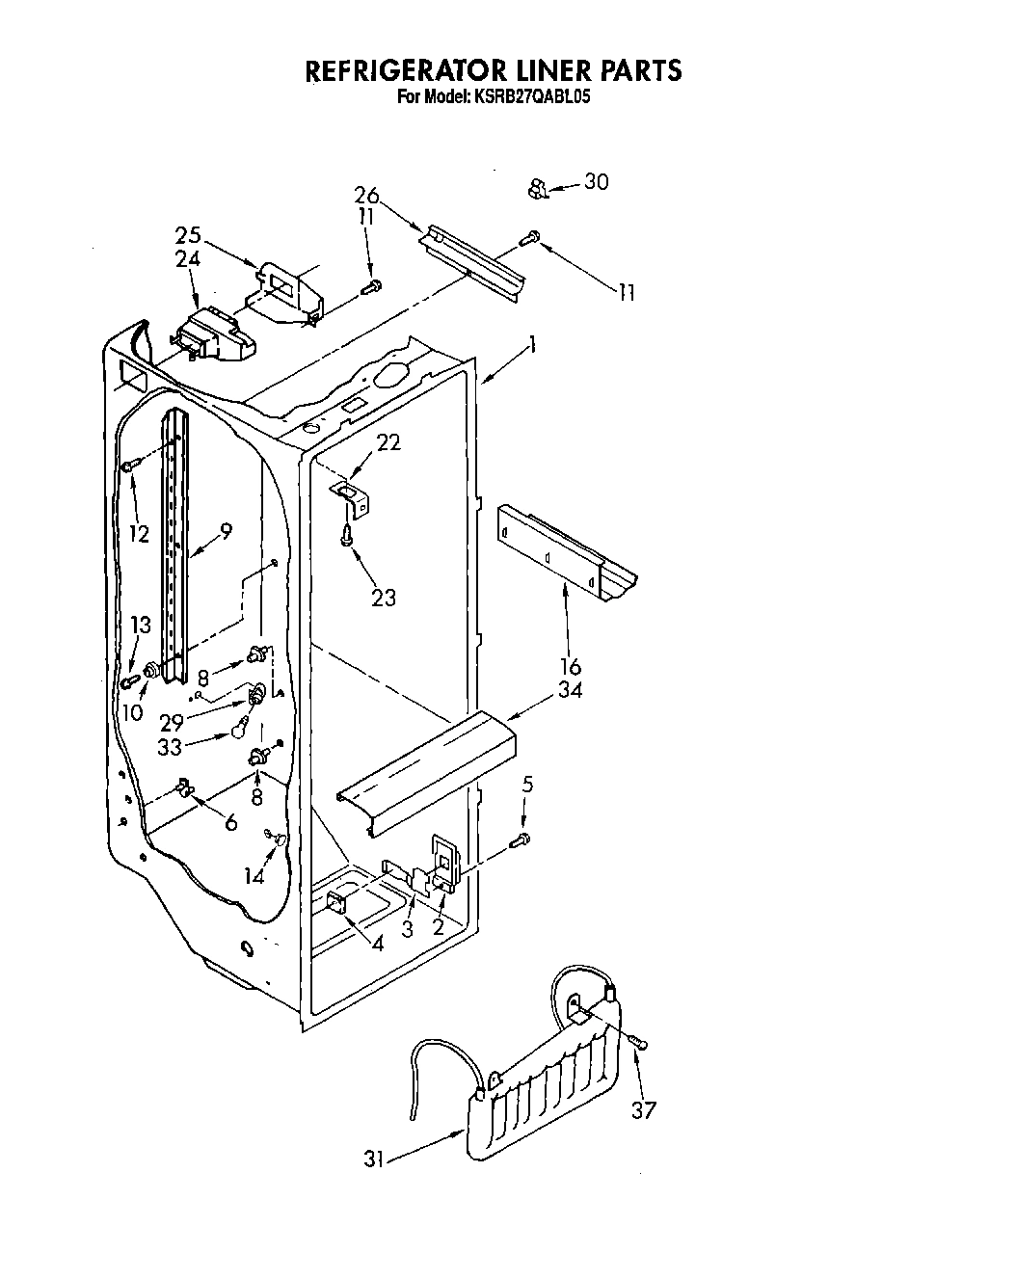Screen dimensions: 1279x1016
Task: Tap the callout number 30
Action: coord(597,181)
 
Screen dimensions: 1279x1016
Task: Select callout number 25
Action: coord(188,234)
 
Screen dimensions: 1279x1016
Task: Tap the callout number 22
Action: coord(388,442)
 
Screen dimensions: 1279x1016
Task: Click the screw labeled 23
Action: coord(346,538)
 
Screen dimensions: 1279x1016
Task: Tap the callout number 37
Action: coord(643,1109)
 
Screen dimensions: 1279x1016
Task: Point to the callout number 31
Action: coord(374,1159)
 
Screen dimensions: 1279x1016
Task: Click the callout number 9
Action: coord(226,529)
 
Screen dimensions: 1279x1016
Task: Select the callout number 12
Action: coord(140,533)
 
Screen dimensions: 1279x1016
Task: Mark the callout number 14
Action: coord(254,875)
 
